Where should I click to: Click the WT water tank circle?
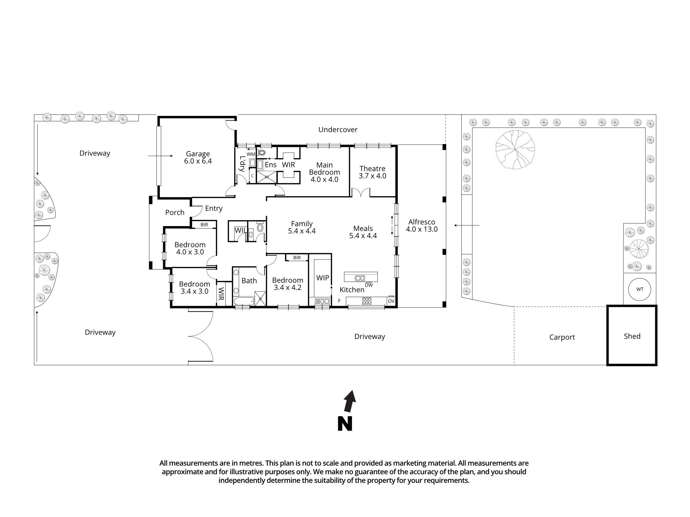640,289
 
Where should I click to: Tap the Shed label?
632,336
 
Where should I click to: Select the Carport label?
562,337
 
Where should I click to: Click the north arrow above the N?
350,401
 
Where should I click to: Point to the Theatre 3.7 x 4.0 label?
372,172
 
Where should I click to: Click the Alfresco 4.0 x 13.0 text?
422,225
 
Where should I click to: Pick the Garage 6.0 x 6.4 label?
198,158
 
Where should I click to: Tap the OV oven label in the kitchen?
391,301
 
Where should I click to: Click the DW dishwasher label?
369,285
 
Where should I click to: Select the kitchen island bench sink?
360,278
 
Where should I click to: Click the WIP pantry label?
323,278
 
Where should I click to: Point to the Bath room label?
249,281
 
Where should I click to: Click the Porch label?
175,212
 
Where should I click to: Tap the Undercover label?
338,130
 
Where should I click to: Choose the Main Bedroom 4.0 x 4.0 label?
324,172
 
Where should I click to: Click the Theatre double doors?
361,192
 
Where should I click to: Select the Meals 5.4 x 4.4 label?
363,232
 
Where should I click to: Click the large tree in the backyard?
515,150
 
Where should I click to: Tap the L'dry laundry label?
242,164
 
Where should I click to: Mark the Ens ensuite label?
270,165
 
